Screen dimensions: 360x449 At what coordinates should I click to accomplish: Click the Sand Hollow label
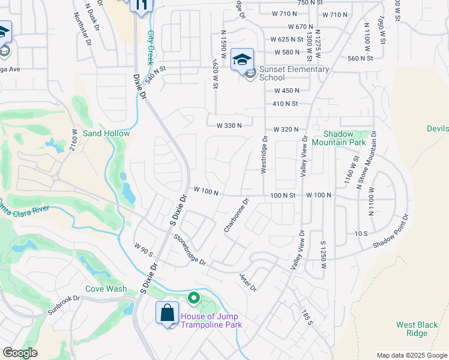coord(106,133)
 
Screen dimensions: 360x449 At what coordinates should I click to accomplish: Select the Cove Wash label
coord(106,289)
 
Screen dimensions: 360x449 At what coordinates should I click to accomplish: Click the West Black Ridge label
coord(417,329)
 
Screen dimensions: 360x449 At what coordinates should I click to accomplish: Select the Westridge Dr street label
coord(264,154)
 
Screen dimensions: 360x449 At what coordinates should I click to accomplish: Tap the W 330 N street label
coord(229,125)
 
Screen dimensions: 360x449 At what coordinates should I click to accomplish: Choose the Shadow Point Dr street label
coord(391,232)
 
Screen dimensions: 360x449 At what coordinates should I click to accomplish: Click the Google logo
coord(20,353)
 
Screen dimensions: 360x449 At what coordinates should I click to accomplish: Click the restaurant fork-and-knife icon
coord(142,5)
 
